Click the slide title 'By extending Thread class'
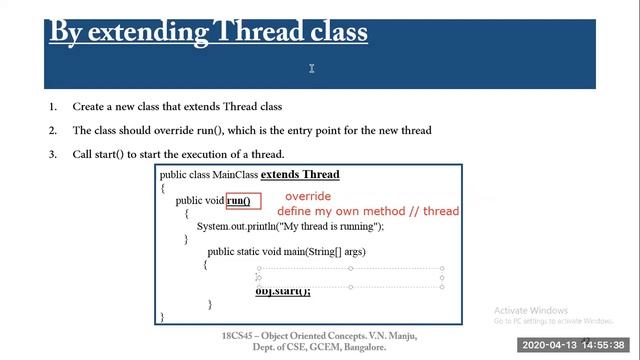[x=208, y=32]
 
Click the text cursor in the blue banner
[x=312, y=68]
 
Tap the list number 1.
[x=52, y=106]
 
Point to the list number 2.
[x=52, y=130]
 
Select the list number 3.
[x=52, y=154]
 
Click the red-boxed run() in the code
[x=239, y=201]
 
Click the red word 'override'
[x=307, y=197]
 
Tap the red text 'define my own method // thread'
[x=368, y=211]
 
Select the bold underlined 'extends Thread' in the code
[x=300, y=175]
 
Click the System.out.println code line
[x=290, y=226]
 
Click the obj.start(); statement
[x=283, y=291]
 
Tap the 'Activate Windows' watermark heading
[x=531, y=310]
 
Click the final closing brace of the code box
[x=162, y=316]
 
